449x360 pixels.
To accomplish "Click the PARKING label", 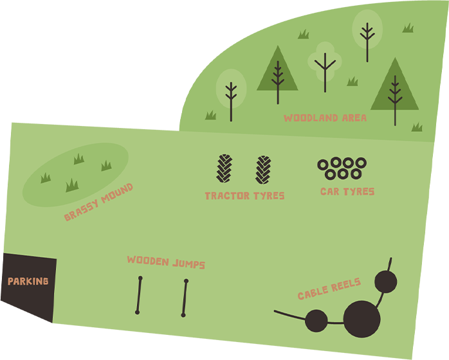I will pyautogui.click(x=28, y=282).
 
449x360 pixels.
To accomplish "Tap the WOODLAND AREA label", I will pyautogui.click(x=325, y=118).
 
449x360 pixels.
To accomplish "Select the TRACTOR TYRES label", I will pyautogui.click(x=244, y=196).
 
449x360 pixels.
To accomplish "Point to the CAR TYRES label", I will pyautogui.click(x=347, y=192).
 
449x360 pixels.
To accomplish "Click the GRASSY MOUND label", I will pyautogui.click(x=98, y=203).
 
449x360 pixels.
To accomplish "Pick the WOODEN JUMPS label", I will pyautogui.click(x=166, y=262).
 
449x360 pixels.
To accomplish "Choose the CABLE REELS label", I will pyautogui.click(x=329, y=289).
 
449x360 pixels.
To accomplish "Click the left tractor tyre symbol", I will pyautogui.click(x=224, y=168).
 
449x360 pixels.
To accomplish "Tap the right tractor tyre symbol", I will pyautogui.click(x=263, y=170).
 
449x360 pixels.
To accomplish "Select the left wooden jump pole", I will pyautogui.click(x=139, y=295).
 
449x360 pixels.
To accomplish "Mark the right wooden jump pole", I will pyautogui.click(x=185, y=298).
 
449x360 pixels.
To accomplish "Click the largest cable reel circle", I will pyautogui.click(x=362, y=319).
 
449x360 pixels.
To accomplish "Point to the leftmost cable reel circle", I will pyautogui.click(x=316, y=321).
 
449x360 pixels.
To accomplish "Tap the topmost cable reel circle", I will pyautogui.click(x=385, y=282).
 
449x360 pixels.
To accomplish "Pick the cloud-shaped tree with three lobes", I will pyautogui.click(x=325, y=62).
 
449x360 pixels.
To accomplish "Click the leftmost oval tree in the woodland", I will pyautogui.click(x=231, y=90).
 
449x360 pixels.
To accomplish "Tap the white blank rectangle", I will pyautogui.click(x=62, y=40).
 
